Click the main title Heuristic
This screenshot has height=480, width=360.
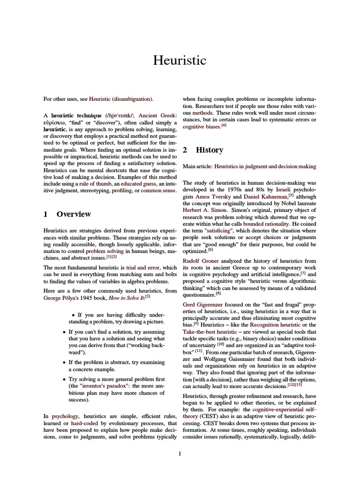click(x=180, y=60)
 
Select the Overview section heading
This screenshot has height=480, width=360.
click(x=74, y=214)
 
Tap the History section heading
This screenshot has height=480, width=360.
click(x=209, y=150)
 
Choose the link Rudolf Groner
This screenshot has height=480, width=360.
click(x=201, y=261)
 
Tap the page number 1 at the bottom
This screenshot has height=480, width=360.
click(x=180, y=453)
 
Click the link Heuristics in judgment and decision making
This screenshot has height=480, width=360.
click(x=265, y=166)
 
